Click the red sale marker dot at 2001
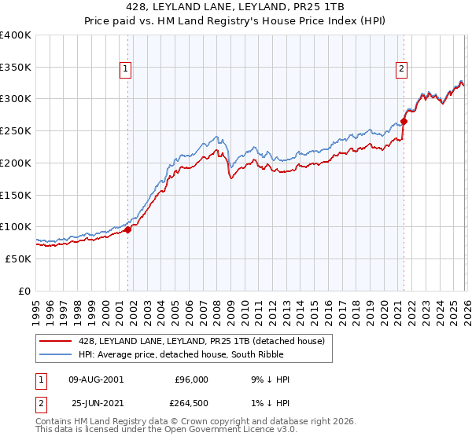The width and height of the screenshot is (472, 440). pos(127,229)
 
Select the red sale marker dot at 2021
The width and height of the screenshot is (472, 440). pos(404,121)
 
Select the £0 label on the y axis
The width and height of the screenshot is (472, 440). pos(24,291)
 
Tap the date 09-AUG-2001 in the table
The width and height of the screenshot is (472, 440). pos(96,379)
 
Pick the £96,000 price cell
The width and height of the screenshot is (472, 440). pos(191,379)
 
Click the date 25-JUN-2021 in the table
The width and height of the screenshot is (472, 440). pos(96,403)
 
